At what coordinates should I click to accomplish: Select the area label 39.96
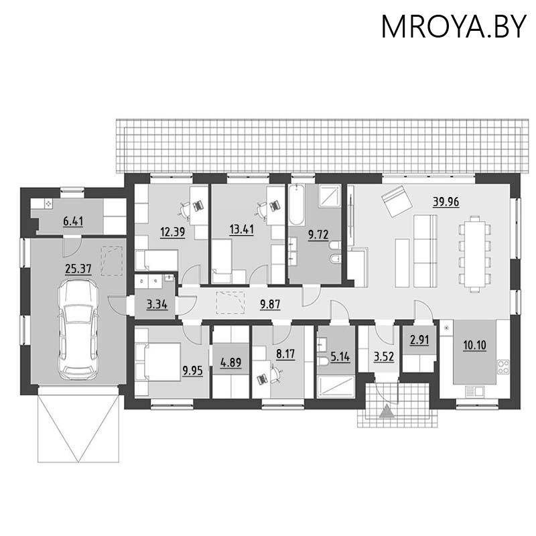point(446,202)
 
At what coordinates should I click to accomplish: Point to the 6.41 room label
point(72,221)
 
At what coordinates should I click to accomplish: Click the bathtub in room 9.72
point(297,206)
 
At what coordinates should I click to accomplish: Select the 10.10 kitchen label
point(474,346)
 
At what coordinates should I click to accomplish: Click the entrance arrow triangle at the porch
point(386,412)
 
